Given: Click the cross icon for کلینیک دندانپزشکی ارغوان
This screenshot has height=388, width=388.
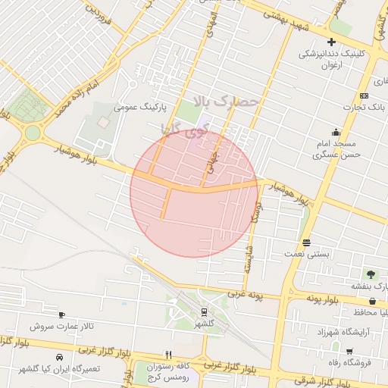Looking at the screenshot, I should (331, 42).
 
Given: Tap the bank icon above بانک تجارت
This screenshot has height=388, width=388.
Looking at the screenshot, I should (365, 95).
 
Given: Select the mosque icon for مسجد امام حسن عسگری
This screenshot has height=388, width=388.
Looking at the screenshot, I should (336, 131).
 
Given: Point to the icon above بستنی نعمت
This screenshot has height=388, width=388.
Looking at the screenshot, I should (306, 242).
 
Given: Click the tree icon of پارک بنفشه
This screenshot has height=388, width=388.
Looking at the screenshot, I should (371, 274).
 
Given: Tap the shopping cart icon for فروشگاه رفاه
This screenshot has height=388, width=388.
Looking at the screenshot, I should (349, 351).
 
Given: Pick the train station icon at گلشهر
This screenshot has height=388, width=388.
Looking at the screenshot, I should (205, 311).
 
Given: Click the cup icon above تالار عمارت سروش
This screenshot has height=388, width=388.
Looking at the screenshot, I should (61, 314).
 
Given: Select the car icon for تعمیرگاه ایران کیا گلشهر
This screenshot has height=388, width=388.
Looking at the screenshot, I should (58, 356).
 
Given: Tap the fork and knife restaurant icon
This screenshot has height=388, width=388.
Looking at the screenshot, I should (169, 355).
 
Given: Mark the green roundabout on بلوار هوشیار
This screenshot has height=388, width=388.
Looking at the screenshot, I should (32, 133).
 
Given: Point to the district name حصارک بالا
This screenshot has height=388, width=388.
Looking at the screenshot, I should (227, 101).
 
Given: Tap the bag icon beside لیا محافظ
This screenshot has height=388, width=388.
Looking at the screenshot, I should (372, 302).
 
